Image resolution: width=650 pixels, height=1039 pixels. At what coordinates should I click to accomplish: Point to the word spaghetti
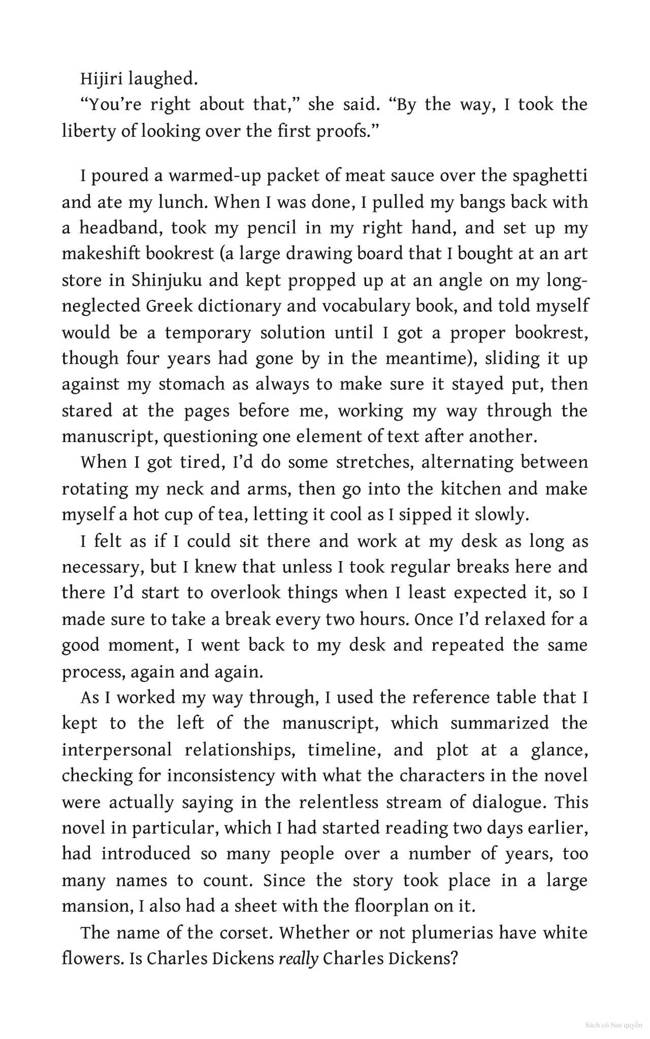[x=549, y=176]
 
